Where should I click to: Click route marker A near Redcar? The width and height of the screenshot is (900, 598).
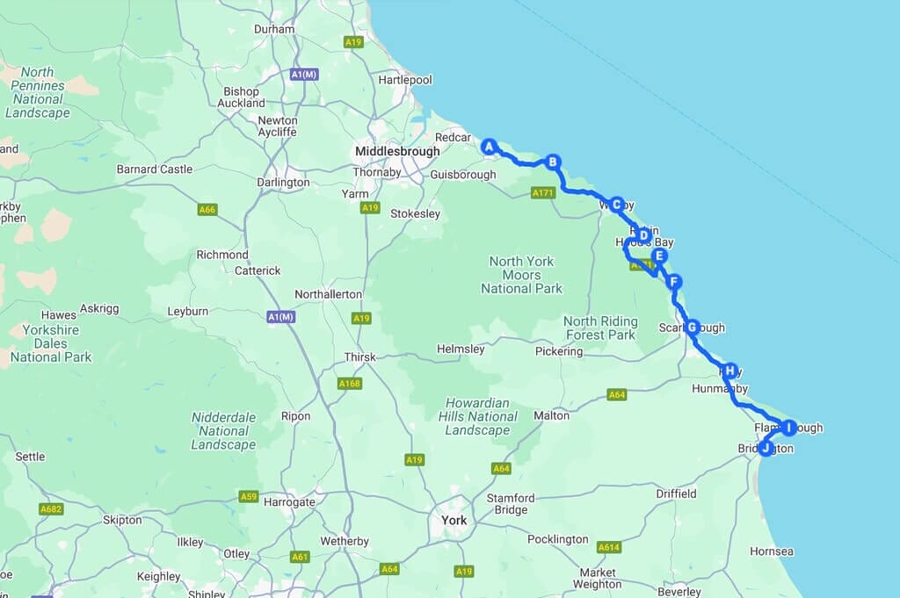[x=490, y=147]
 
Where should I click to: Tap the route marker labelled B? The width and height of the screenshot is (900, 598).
[x=553, y=162]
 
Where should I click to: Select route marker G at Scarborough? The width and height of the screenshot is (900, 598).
[x=692, y=328]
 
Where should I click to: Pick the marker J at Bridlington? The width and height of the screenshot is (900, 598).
[x=766, y=448]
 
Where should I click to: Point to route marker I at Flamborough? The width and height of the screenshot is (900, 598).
[x=788, y=428]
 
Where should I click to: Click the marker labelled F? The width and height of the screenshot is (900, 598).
[x=673, y=282]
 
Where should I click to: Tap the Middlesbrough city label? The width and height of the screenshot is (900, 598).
[x=397, y=152]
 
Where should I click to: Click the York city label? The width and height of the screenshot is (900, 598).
[x=454, y=521]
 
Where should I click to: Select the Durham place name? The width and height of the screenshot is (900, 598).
[x=273, y=29]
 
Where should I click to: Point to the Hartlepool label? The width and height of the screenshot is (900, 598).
[x=405, y=80]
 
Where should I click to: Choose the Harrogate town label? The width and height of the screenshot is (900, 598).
[x=288, y=502]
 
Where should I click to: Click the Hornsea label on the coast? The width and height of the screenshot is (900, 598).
[x=772, y=551]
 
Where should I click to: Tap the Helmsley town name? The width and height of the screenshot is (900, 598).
[x=461, y=349]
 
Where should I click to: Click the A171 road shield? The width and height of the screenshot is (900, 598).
[x=543, y=192]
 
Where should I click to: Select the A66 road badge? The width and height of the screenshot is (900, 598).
[x=207, y=210]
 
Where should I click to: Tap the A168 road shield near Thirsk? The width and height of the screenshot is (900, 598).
[x=349, y=384]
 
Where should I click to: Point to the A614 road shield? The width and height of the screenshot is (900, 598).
[x=609, y=547]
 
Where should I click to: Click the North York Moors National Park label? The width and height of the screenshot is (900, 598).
[x=521, y=275]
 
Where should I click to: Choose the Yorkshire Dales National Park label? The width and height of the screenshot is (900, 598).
[x=51, y=343]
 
